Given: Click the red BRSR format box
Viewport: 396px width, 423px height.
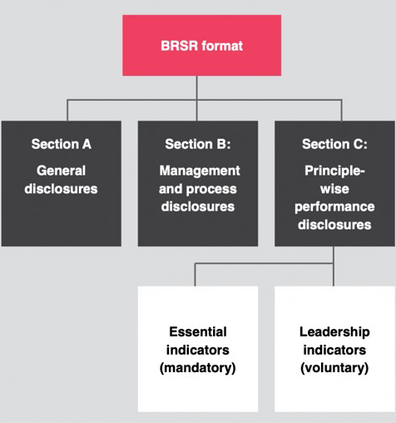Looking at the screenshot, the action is (202, 45).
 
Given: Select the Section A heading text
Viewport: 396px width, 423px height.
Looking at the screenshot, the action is (62, 144).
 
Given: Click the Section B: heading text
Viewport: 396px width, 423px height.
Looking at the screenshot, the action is (198, 144).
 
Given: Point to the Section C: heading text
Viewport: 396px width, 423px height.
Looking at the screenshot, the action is (334, 144).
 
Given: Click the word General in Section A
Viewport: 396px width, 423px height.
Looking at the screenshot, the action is (61, 171).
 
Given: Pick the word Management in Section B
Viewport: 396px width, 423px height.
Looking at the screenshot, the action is (200, 171).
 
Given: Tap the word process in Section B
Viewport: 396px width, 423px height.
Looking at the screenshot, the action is (211, 190).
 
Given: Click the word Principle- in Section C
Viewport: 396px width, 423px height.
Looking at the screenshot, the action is (334, 171).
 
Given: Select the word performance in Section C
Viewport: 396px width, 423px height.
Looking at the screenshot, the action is (334, 207).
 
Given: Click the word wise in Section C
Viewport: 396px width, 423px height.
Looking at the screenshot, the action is (334, 189).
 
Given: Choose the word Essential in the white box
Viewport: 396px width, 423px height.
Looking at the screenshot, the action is (198, 331).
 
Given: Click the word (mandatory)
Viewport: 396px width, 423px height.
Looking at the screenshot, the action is (198, 368).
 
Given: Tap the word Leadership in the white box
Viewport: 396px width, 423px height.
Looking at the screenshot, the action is (334, 332).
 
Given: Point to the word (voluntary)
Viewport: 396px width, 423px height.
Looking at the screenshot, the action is (334, 368).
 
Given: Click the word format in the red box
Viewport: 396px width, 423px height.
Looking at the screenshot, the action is (222, 46).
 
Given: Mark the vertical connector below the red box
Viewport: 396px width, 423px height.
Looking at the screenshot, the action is (197, 98).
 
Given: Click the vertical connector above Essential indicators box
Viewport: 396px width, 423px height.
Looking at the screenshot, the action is (195, 275).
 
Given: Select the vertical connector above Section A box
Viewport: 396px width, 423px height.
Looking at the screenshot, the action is (67, 110).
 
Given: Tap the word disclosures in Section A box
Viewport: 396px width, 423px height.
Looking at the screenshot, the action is (61, 189).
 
